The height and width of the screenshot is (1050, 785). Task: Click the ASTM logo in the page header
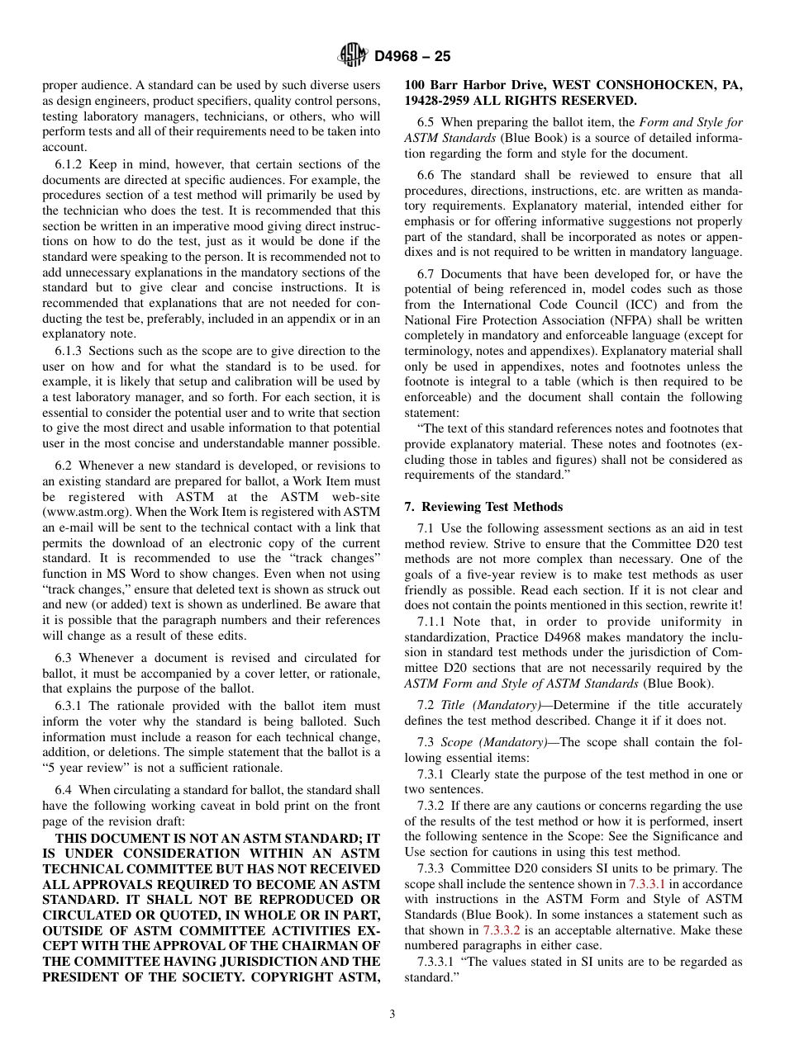352,56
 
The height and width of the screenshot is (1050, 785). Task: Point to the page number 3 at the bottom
392,1015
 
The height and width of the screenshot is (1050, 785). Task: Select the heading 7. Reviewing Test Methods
483,507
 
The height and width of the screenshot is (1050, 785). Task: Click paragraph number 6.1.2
70,164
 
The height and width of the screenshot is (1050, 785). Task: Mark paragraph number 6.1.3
70,351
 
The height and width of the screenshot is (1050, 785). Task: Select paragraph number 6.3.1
70,706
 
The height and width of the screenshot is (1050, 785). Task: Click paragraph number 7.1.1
433,622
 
